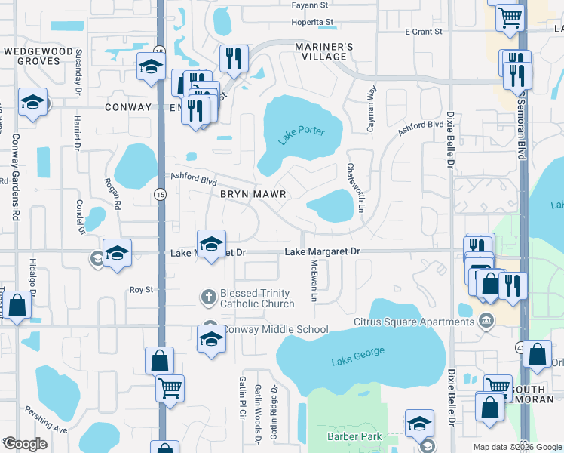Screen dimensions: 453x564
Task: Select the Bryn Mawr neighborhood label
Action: click(253, 194)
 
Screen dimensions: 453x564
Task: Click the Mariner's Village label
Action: click(323, 52)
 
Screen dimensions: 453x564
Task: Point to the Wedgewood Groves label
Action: click(42, 55)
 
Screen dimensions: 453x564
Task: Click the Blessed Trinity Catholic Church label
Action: click(257, 299)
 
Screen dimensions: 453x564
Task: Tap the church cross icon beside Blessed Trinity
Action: click(209, 297)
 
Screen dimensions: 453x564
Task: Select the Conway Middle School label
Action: click(277, 329)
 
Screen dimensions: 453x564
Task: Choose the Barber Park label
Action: click(354, 436)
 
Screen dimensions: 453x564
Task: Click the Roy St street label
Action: click(141, 289)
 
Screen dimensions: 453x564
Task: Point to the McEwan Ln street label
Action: click(314, 281)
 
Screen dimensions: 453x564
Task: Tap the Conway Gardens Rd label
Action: click(14, 177)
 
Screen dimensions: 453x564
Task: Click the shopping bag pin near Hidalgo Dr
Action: click(17, 307)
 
